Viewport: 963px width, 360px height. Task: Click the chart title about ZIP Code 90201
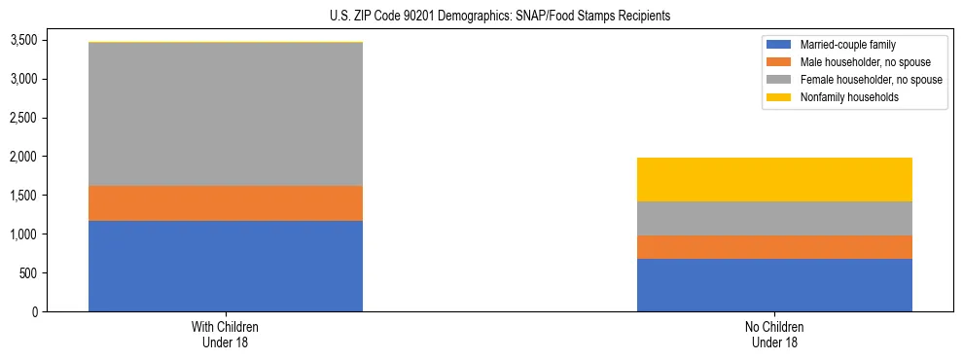[481, 17]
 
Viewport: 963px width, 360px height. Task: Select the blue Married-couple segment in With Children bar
[226, 266]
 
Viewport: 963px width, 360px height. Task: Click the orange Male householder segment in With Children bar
[226, 203]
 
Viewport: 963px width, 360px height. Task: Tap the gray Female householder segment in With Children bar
[226, 114]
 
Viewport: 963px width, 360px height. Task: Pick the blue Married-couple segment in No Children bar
[774, 285]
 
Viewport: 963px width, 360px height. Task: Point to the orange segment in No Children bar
[774, 247]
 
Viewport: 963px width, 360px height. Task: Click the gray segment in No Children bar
[774, 218]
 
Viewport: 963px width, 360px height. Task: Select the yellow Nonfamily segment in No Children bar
[774, 179]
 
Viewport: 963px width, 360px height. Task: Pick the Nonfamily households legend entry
[842, 97]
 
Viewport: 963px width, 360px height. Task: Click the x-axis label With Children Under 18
[226, 335]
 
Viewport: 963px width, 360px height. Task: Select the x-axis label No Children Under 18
[774, 335]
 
